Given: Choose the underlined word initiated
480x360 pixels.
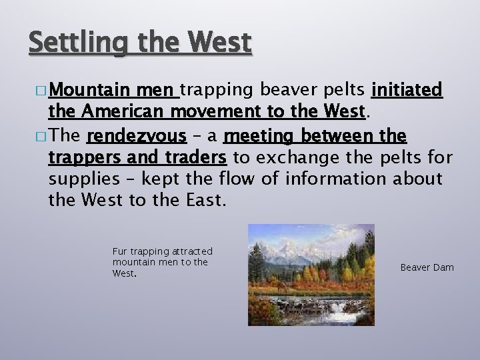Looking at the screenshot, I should pos(407,89).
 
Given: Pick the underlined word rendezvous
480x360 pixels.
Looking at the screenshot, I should pos(136,137).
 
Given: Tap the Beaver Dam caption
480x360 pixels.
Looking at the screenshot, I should pos(427,267).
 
